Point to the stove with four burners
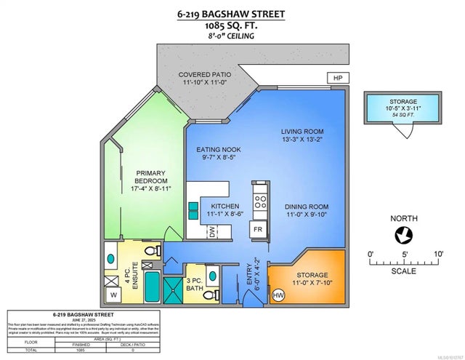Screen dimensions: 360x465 click(259, 196)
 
